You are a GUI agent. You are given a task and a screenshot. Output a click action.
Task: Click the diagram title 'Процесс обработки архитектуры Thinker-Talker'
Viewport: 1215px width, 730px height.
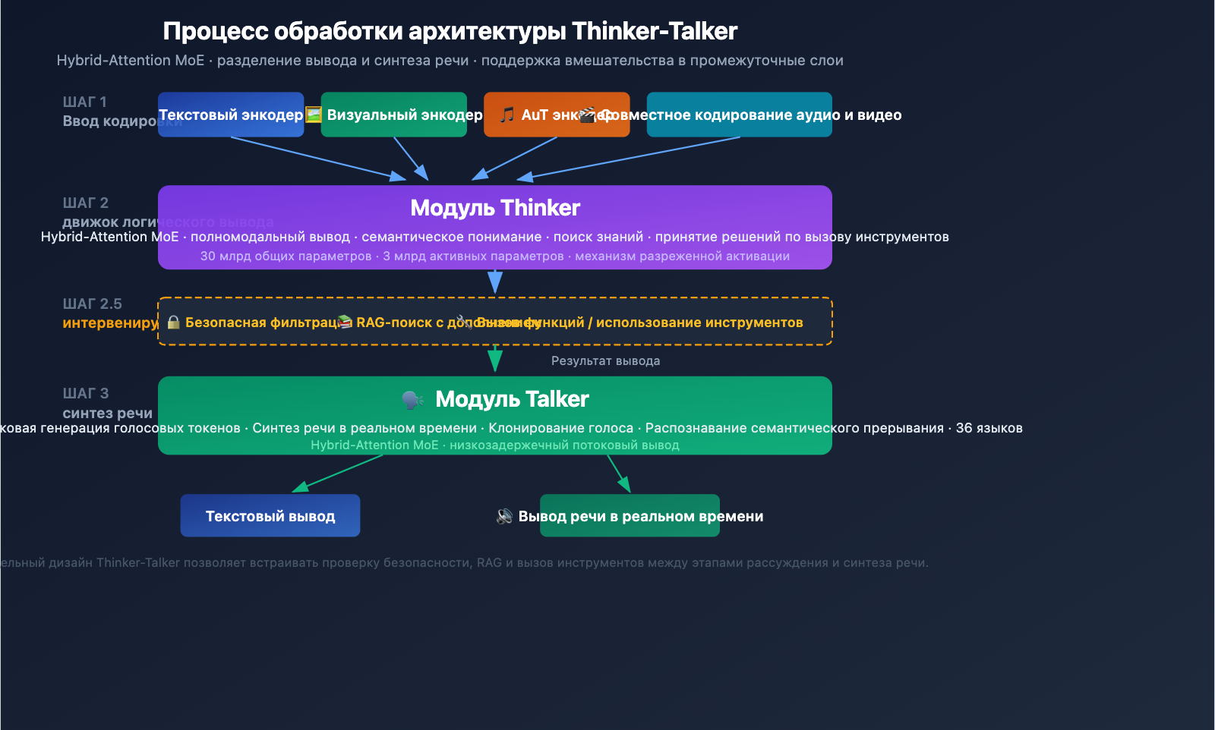(450, 31)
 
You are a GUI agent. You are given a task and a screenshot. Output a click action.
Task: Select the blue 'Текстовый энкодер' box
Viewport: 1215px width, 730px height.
(231, 115)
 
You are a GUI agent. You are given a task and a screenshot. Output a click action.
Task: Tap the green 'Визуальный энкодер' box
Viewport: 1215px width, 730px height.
(394, 115)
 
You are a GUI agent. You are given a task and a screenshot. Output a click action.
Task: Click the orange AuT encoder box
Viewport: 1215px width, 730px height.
(557, 115)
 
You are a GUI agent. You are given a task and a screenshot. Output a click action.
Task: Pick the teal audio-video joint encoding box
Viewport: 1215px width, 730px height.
(739, 115)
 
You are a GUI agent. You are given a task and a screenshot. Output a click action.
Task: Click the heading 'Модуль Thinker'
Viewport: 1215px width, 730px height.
(495, 208)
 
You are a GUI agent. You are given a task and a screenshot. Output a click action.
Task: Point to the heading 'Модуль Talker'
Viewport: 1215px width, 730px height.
(512, 399)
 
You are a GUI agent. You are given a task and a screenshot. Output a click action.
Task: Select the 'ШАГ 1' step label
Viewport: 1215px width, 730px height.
(84, 102)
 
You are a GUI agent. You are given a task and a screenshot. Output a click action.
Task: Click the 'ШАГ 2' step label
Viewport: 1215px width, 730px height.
(85, 203)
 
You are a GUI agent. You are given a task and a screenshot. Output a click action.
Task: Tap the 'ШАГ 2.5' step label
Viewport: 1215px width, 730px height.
(92, 304)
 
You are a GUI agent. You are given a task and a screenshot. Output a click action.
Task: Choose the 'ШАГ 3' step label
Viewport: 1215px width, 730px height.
(85, 393)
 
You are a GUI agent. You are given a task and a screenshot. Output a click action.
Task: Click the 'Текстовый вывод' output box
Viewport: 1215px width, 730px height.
(270, 516)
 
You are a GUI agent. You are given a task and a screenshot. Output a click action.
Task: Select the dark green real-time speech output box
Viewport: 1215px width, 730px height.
(630, 516)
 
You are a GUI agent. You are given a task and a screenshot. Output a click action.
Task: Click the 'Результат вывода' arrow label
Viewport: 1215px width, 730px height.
(605, 361)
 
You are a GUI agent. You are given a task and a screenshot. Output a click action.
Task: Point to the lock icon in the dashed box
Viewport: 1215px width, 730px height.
(174, 323)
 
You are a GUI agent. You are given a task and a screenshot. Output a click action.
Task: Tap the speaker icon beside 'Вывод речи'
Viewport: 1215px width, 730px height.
(504, 516)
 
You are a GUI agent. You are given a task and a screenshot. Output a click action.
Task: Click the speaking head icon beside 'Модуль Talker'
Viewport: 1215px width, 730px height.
(412, 399)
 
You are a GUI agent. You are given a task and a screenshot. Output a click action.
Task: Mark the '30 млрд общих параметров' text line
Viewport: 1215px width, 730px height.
(494, 256)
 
